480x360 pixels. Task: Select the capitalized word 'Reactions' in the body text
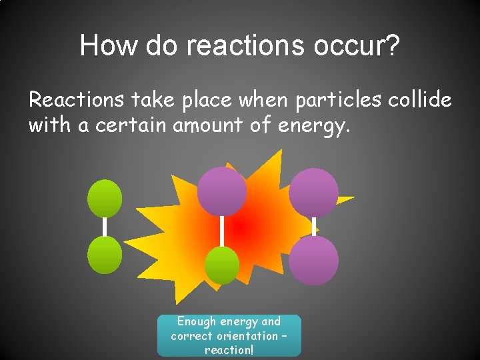(76, 100)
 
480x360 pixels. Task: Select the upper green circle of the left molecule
(105, 198)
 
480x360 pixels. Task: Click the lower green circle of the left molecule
(105, 255)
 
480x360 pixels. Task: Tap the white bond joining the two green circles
(105, 227)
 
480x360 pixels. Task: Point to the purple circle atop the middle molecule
(222, 191)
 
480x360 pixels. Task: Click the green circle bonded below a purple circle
(221, 265)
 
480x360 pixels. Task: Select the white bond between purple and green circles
(222, 231)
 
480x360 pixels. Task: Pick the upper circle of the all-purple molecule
(313, 192)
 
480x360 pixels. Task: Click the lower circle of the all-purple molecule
(313, 260)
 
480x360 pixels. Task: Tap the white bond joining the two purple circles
(313, 226)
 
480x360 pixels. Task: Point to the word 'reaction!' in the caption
(229, 350)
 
